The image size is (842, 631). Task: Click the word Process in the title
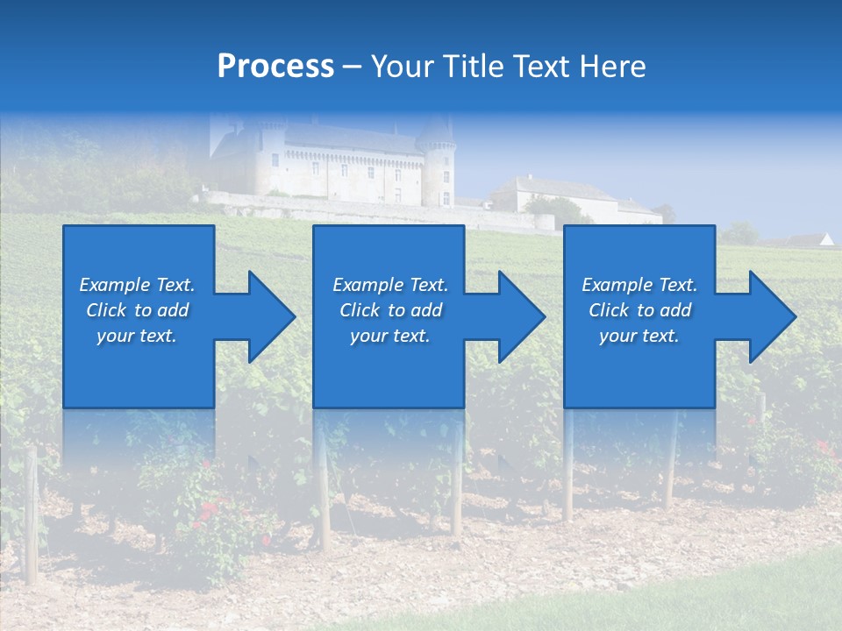[x=275, y=67]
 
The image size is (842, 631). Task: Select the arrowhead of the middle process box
[x=520, y=316]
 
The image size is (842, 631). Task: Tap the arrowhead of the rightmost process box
[x=771, y=316]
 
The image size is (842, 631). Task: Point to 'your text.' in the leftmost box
[x=137, y=336]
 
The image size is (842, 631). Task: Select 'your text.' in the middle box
[x=390, y=336]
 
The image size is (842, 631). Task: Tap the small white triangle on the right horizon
[x=825, y=238]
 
